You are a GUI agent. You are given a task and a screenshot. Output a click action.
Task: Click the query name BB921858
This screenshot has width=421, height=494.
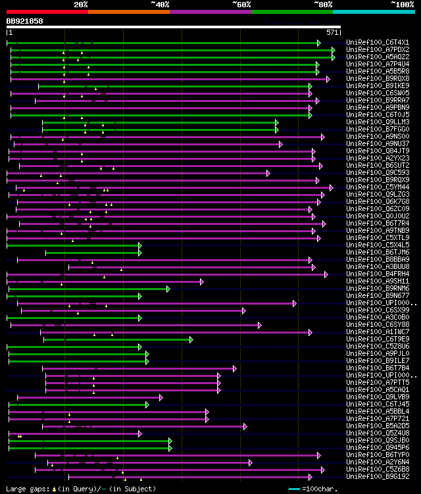click(25, 21)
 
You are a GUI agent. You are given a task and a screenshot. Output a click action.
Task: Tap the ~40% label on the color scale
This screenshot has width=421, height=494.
click(160, 4)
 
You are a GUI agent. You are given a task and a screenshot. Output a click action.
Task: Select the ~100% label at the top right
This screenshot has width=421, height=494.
click(402, 4)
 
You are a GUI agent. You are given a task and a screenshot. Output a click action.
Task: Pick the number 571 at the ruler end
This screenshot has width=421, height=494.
click(332, 32)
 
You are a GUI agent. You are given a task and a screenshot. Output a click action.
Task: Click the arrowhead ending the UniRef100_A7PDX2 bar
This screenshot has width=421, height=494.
click(334, 49)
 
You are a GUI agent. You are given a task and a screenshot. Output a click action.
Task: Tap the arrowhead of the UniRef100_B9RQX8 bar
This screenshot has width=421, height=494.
click(328, 78)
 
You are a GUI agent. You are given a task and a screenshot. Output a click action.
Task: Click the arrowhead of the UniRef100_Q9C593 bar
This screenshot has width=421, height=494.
click(268, 172)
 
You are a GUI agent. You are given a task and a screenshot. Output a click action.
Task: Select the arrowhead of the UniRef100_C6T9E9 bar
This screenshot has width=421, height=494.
click(191, 339)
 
